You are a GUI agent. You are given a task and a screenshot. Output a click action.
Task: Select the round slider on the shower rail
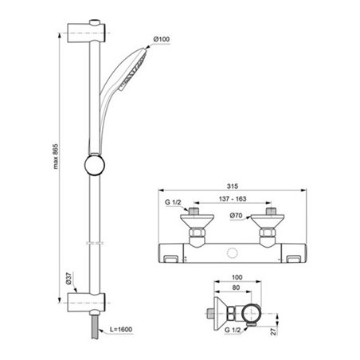(93, 169)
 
